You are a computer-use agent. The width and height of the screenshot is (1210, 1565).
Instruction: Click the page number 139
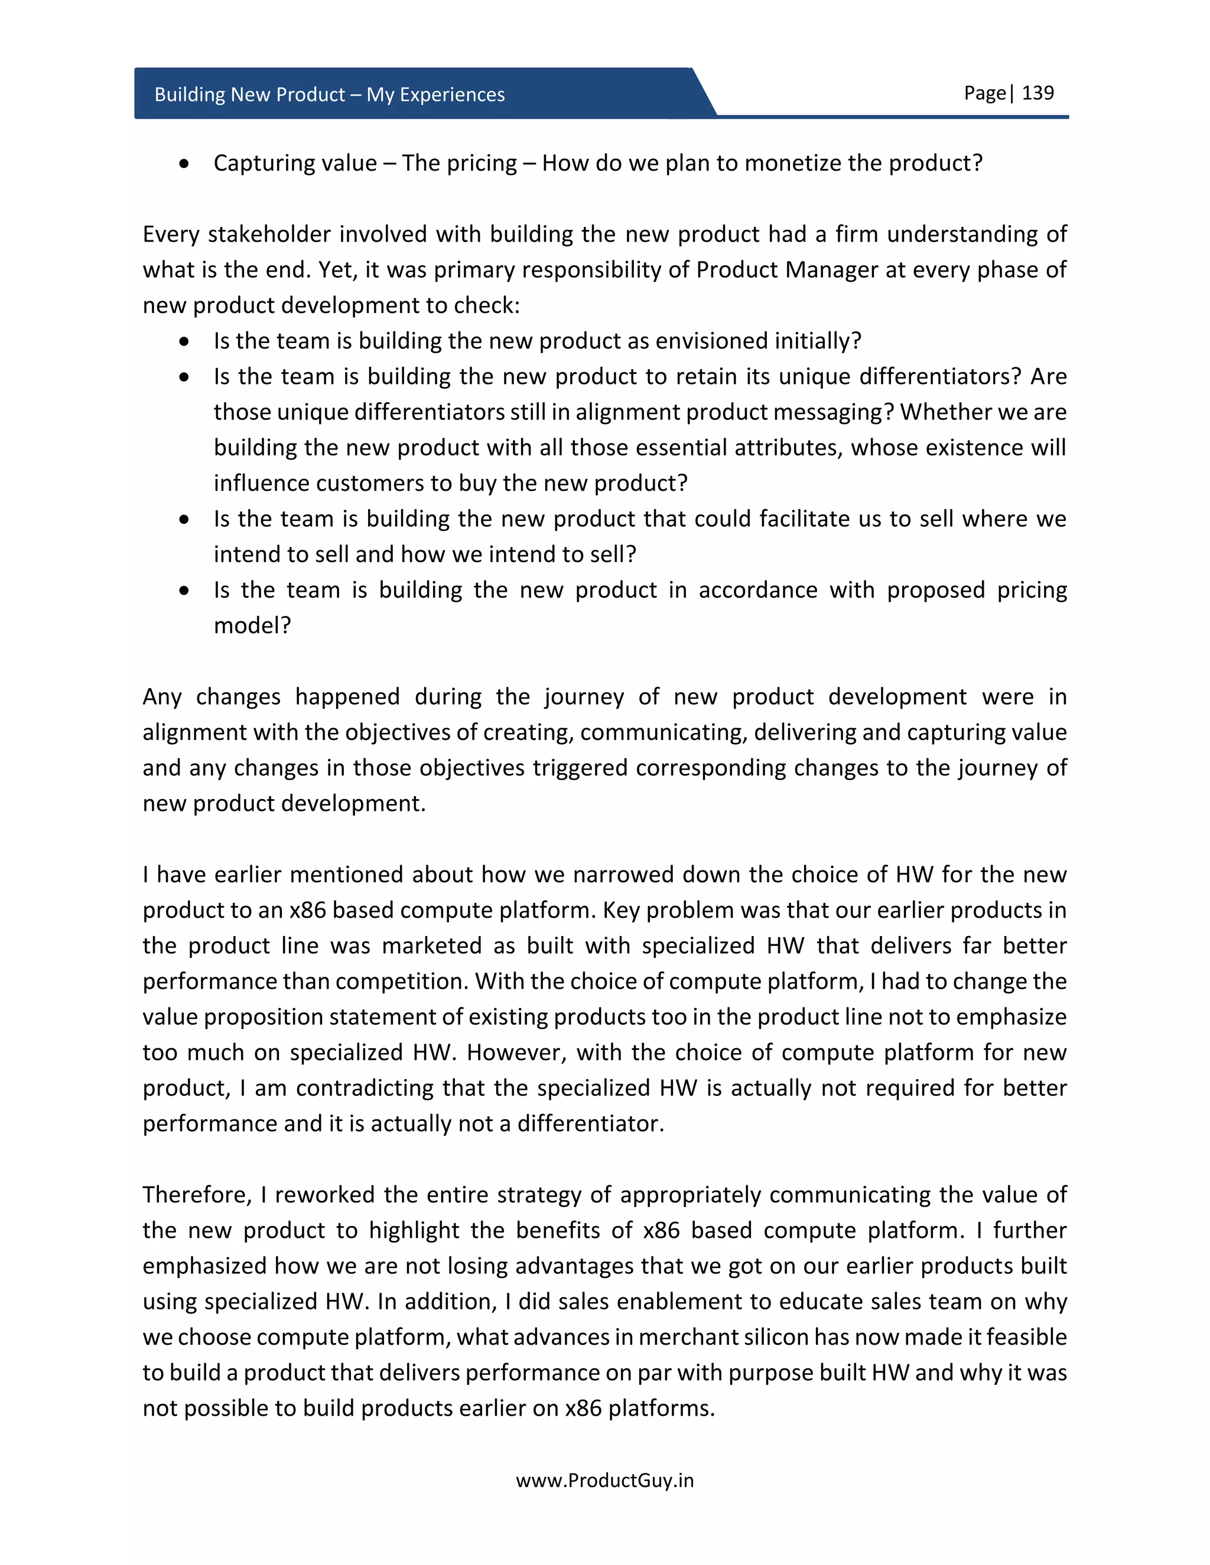(1037, 93)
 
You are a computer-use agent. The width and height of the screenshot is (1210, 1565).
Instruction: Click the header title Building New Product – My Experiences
(329, 94)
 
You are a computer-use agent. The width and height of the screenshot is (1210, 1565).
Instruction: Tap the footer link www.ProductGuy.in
(604, 1481)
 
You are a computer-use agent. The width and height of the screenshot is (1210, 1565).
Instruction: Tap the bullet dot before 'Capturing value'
(185, 164)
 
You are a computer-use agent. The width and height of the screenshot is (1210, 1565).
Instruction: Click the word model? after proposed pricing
(252, 625)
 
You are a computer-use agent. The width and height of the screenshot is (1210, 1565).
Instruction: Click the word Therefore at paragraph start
(196, 1195)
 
